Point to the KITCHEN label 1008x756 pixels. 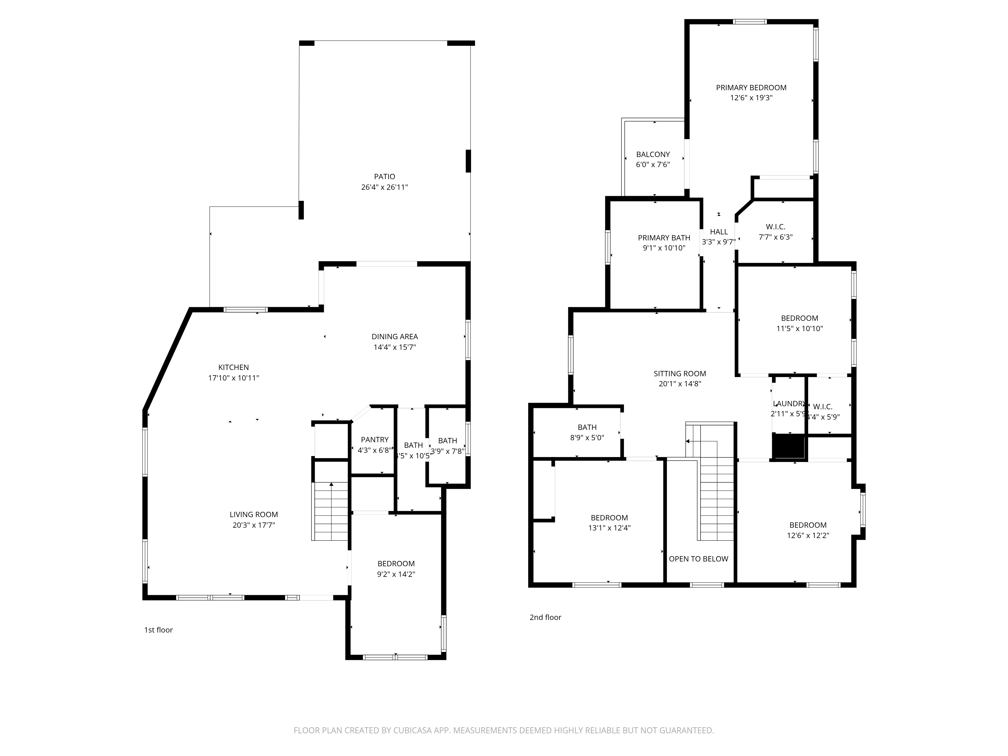point(233,367)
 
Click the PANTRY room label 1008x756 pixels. point(374,440)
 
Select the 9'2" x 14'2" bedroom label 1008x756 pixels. point(396,564)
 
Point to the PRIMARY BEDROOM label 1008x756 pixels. point(751,87)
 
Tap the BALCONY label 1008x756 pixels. point(653,154)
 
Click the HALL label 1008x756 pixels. point(719,232)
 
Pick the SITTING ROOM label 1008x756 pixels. point(679,374)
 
